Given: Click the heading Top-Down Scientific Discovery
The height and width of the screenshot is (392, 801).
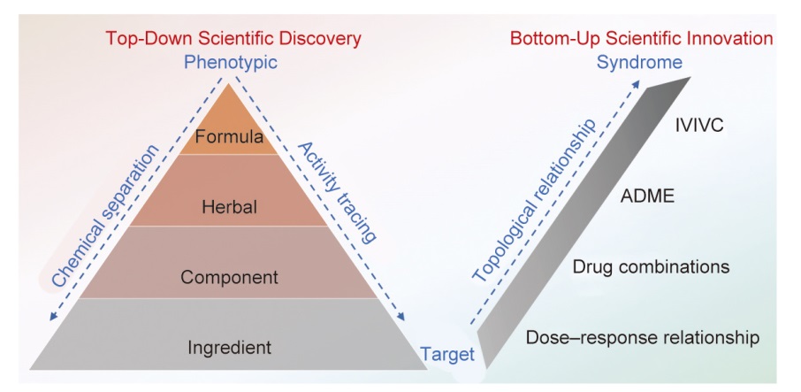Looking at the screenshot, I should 233,39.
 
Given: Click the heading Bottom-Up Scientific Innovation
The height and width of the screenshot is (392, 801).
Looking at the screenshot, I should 641,39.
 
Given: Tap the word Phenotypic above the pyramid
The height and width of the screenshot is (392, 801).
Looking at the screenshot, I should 230,63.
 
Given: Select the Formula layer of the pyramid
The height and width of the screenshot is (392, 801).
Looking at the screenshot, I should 230,137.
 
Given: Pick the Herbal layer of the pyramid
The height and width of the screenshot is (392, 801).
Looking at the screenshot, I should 230,208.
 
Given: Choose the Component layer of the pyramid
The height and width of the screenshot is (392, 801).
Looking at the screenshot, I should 230,277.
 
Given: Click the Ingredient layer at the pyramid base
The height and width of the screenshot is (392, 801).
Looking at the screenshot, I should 230,346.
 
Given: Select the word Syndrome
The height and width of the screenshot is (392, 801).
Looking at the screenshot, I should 638,63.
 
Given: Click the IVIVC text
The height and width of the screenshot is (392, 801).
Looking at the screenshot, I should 698,126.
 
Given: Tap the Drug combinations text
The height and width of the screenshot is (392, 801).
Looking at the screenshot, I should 652,266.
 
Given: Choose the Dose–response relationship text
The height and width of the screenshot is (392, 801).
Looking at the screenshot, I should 643,337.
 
